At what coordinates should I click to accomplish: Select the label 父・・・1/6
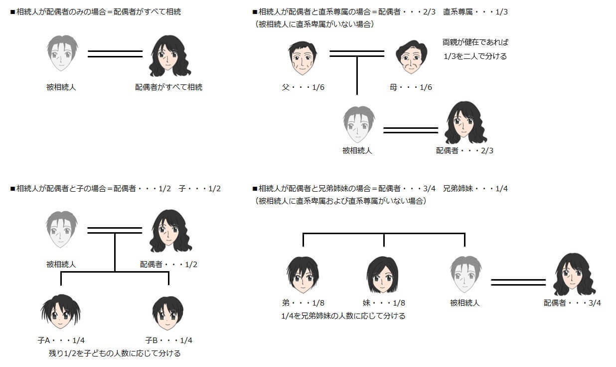pyautogui.click(x=303, y=88)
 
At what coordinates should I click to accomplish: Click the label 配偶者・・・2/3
pyautogui.click(x=464, y=150)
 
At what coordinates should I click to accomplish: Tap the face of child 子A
pyautogui.click(x=61, y=312)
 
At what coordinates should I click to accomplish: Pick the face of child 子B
pyautogui.click(x=168, y=313)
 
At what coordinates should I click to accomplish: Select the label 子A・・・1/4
pyautogui.click(x=61, y=341)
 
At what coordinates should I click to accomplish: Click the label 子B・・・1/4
pyautogui.click(x=168, y=341)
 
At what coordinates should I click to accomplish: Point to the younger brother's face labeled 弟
pyautogui.click(x=303, y=275)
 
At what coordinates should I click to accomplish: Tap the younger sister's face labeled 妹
pyautogui.click(x=382, y=275)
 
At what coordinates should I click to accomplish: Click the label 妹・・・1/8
pyautogui.click(x=384, y=303)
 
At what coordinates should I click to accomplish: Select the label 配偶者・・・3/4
pyautogui.click(x=572, y=303)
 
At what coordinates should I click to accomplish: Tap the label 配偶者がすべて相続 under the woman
pyautogui.click(x=168, y=87)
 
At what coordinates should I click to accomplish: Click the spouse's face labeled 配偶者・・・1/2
pyautogui.click(x=170, y=231)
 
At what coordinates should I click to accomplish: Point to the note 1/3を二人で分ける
pyautogui.click(x=475, y=56)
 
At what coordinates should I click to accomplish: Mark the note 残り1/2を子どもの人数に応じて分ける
pyautogui.click(x=112, y=354)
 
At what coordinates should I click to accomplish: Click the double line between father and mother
pyautogui.click(x=357, y=53)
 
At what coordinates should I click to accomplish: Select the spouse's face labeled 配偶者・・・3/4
pyautogui.click(x=574, y=274)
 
